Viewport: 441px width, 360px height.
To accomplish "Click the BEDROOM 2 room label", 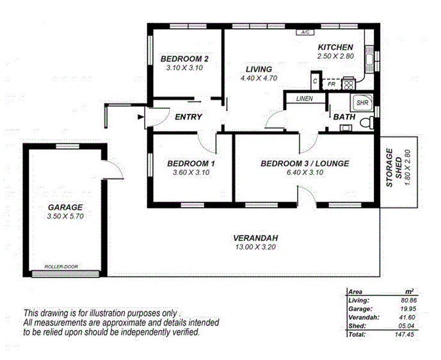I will point(184,58).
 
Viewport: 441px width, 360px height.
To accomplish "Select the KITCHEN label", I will point(335,47).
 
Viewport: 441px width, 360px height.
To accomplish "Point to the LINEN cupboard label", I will point(305,98).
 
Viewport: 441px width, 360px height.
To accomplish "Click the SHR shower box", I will point(362,102).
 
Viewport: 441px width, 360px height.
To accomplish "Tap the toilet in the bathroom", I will point(366,123).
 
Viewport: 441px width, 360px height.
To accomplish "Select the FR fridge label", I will point(332,84).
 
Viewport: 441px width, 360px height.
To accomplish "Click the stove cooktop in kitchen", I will point(349,83).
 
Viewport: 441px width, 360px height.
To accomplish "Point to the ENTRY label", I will point(188,117).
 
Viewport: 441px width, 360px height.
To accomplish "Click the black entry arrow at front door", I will point(141,116).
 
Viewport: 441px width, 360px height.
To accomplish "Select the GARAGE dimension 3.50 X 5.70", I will point(66,217).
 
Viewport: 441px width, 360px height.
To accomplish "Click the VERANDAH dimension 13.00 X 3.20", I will point(255,248).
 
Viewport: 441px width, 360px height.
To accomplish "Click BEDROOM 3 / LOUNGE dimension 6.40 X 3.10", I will point(305,173).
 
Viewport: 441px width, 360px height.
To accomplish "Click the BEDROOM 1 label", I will point(191,164).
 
